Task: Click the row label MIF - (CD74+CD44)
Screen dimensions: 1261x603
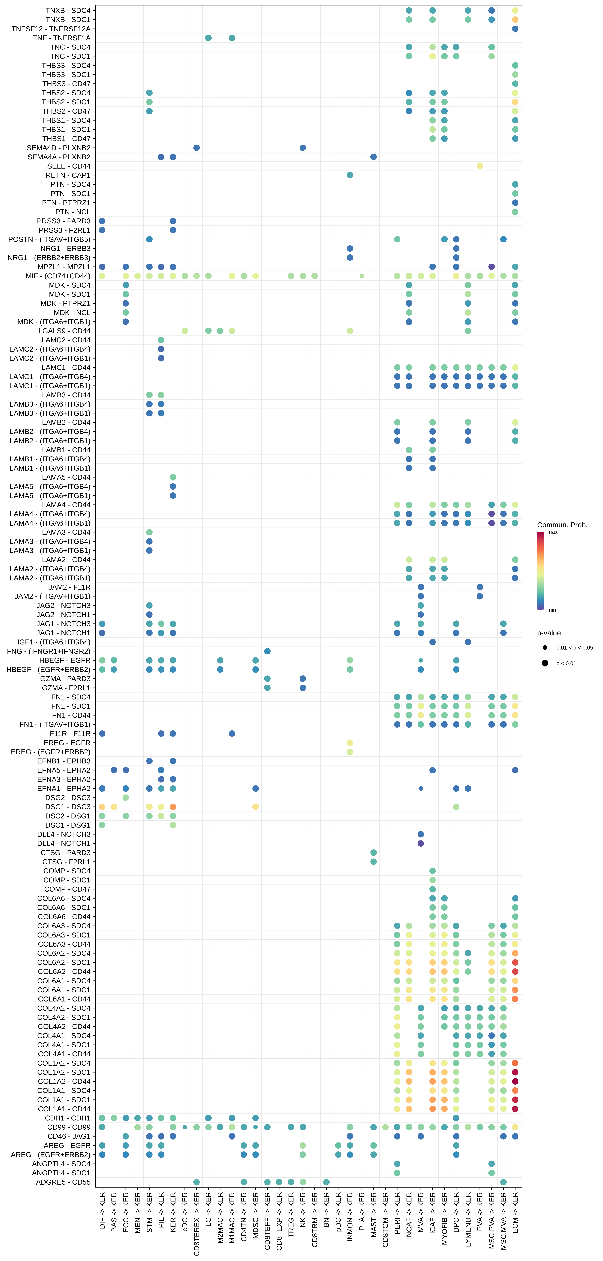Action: [58, 276]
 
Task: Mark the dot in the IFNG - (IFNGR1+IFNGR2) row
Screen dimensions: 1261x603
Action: [267, 651]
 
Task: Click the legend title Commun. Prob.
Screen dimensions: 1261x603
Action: [562, 525]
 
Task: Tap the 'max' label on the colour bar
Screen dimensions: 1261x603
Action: [552, 532]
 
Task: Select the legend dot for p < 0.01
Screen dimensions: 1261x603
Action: [545, 663]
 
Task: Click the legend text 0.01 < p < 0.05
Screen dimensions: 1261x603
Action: [574, 648]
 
